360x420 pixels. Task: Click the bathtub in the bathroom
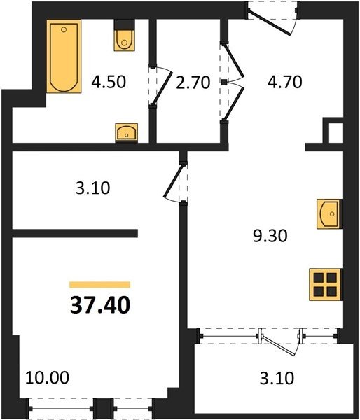(x=64, y=56)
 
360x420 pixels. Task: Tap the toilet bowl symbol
(x=124, y=40)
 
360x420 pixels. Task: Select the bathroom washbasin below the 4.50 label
(x=126, y=132)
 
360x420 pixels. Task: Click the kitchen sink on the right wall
(x=329, y=214)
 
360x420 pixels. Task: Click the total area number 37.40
(x=100, y=305)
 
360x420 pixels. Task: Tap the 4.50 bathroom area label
(x=109, y=82)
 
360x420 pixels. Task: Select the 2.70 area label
(x=193, y=83)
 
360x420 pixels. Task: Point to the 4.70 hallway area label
(x=284, y=82)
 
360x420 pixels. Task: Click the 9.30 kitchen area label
(x=270, y=237)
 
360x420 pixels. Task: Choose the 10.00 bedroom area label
(x=47, y=377)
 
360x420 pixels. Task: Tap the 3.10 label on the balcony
(x=277, y=379)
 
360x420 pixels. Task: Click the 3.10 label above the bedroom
(x=92, y=188)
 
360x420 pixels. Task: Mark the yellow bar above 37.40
(x=99, y=285)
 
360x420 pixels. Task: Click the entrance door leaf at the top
(x=269, y=22)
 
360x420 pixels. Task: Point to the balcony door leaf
(x=278, y=346)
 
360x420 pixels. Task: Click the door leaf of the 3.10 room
(x=174, y=182)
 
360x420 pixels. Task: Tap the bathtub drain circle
(x=64, y=29)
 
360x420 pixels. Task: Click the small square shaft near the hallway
(x=336, y=133)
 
